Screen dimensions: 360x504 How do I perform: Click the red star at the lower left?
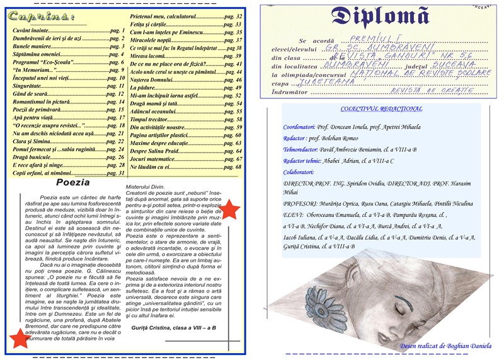[x=19, y=339]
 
